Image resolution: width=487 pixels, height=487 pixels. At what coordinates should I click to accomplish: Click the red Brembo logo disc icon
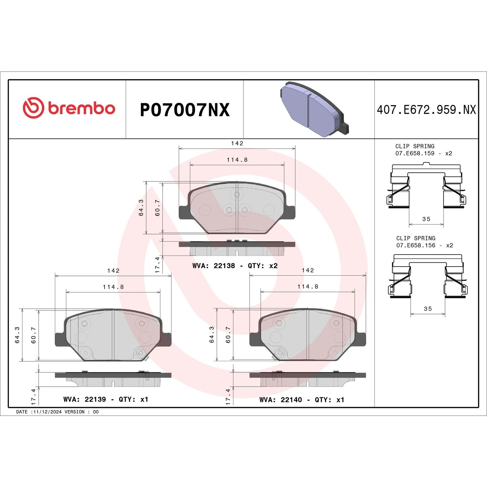(x=33, y=107)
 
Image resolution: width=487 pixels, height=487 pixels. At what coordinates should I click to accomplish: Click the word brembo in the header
(x=81, y=108)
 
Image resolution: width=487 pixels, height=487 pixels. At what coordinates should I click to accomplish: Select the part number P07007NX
(x=184, y=110)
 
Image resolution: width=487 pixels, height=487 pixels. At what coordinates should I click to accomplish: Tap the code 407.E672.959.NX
(x=426, y=110)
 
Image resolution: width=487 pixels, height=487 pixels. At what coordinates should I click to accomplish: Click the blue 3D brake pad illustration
(x=313, y=109)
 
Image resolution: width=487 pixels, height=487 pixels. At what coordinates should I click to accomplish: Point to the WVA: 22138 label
(x=213, y=266)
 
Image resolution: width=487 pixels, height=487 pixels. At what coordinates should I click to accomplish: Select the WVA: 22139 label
(x=84, y=399)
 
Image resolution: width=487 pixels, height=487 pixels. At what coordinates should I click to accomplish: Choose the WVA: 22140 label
(x=281, y=400)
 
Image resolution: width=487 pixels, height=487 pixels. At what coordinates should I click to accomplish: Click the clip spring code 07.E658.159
(x=415, y=153)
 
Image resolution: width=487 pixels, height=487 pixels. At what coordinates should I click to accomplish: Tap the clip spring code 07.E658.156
(x=416, y=245)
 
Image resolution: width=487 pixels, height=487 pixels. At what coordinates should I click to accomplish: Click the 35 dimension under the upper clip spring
(x=426, y=219)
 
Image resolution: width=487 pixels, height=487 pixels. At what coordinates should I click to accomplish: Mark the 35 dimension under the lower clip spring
(x=428, y=309)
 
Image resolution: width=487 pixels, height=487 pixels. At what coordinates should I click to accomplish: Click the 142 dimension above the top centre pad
(x=237, y=143)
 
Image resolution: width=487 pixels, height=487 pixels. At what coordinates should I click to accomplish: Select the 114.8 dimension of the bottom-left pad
(x=113, y=287)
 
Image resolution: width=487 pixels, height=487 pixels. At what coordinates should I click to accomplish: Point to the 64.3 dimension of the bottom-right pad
(x=212, y=334)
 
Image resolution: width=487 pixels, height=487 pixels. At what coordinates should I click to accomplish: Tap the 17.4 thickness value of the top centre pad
(x=157, y=265)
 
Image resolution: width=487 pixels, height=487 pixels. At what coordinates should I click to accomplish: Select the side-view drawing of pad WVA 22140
(x=307, y=379)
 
